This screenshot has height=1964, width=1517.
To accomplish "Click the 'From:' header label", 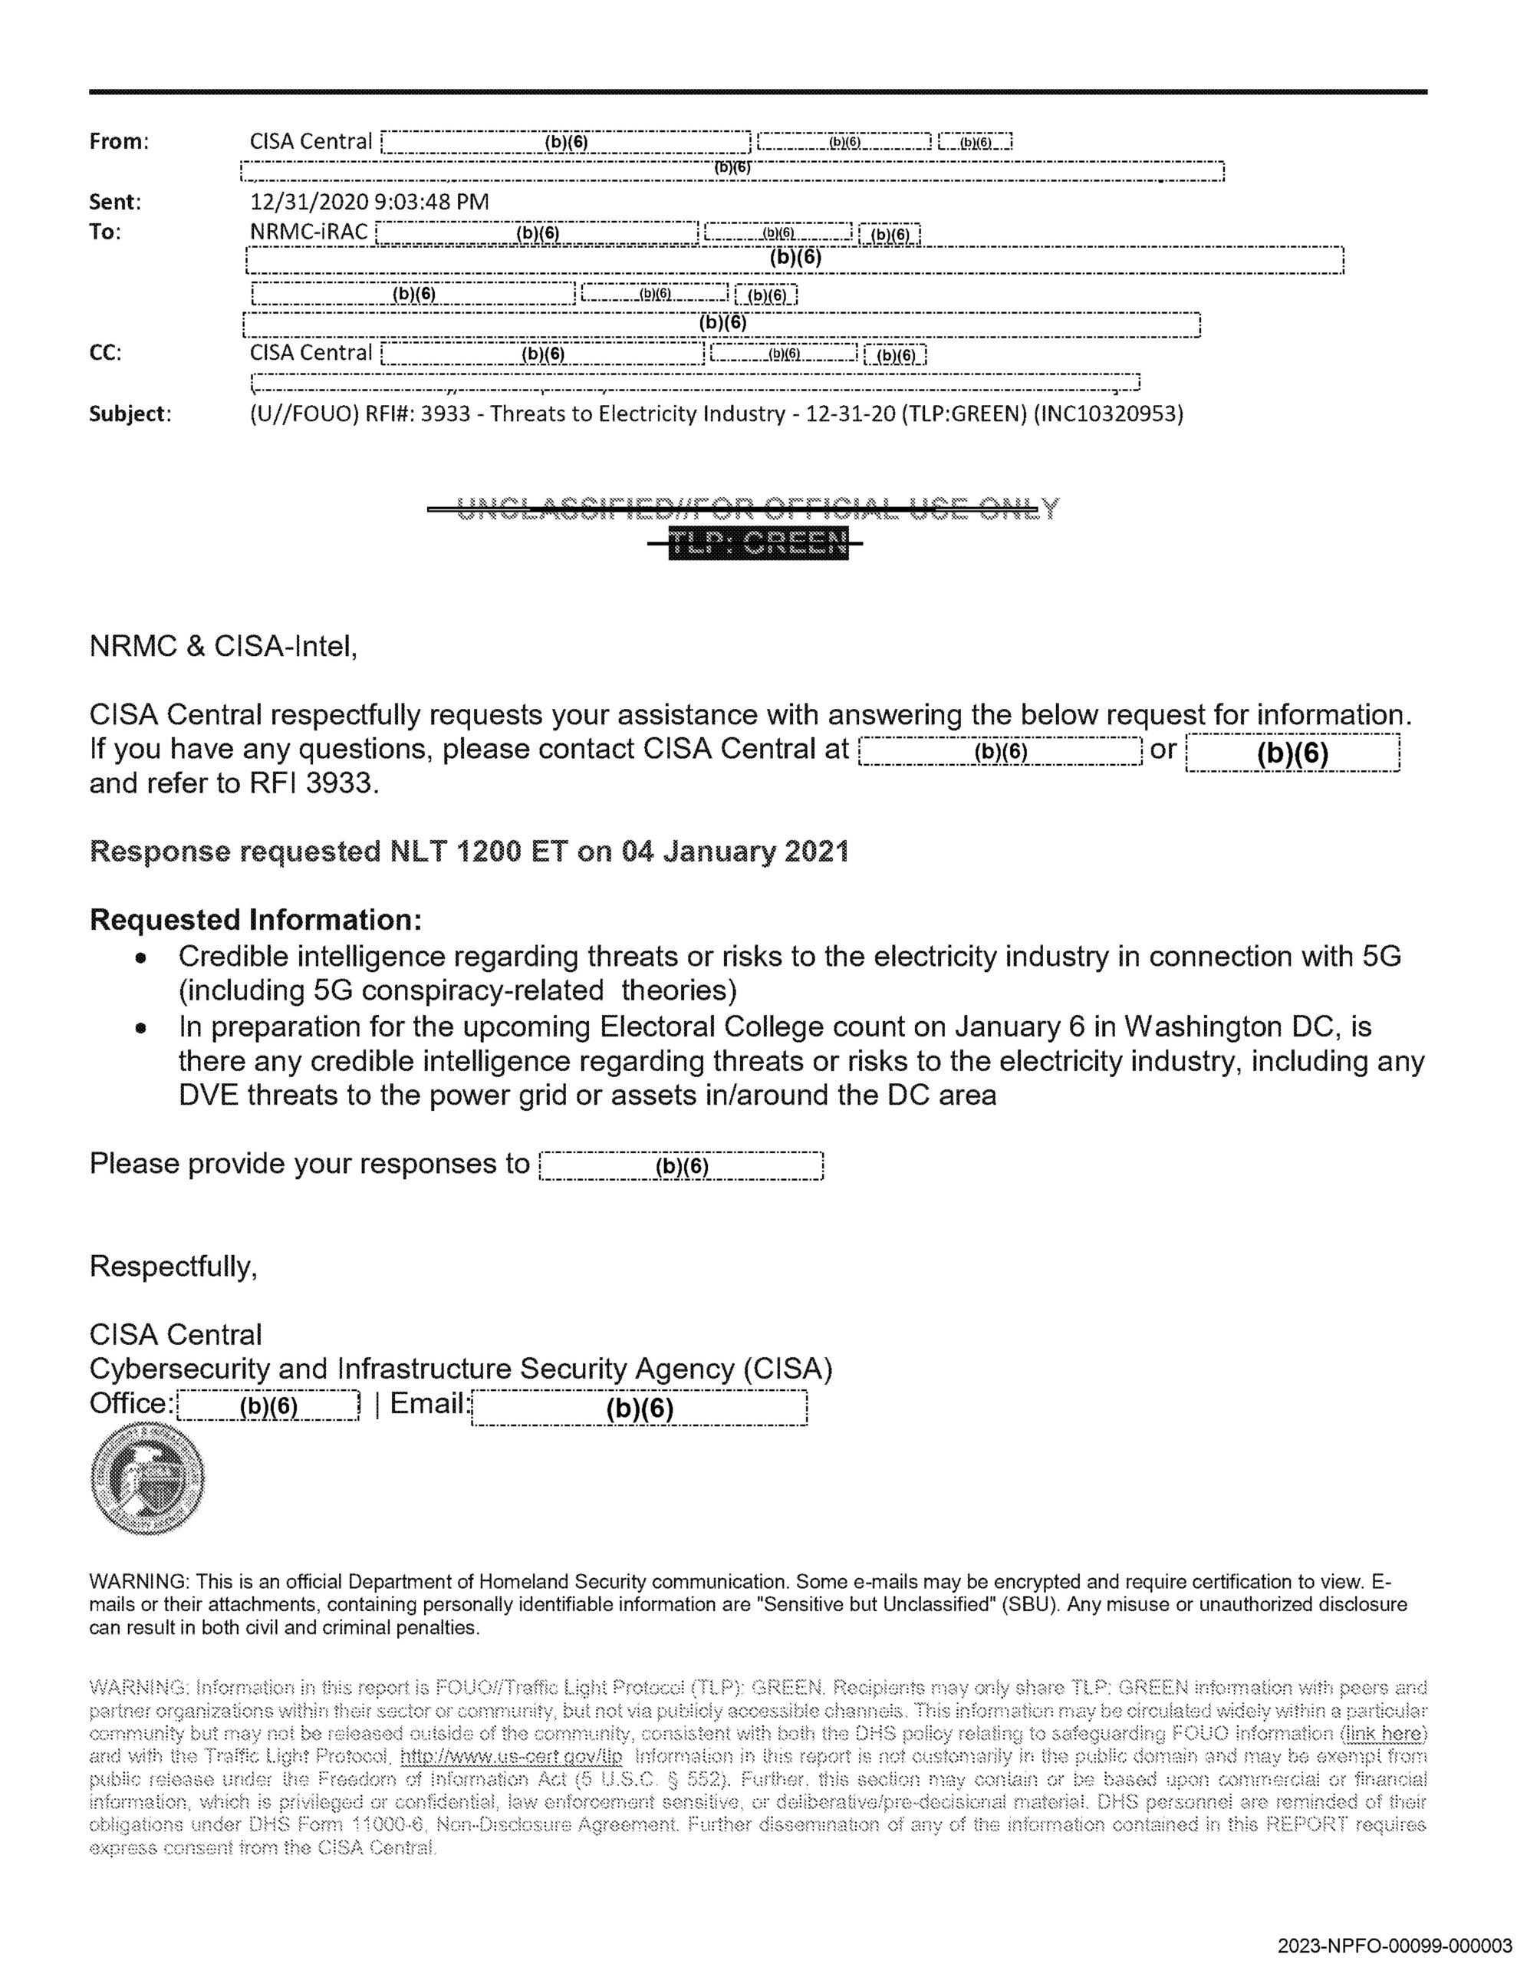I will [x=119, y=141].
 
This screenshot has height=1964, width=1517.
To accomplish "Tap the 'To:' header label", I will [x=105, y=232].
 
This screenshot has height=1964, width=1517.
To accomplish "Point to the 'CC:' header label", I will [x=105, y=352].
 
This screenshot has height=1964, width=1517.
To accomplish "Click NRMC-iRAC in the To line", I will [x=308, y=232].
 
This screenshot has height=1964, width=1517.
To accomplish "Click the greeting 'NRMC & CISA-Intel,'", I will [x=224, y=646].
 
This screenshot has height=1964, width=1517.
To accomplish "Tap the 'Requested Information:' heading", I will [x=255, y=920].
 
